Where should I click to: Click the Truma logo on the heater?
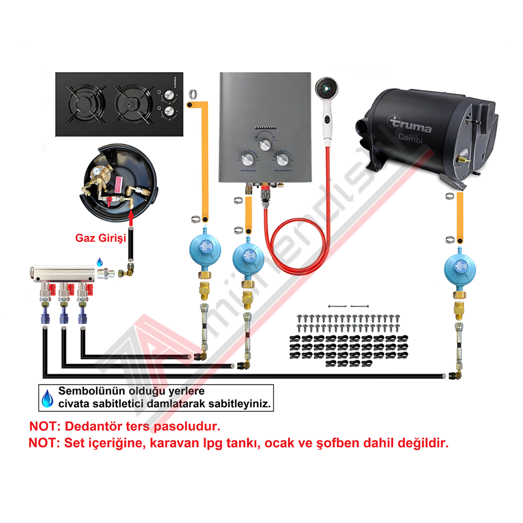[410, 125]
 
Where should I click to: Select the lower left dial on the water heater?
[247, 159]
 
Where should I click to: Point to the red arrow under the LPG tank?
[130, 213]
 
